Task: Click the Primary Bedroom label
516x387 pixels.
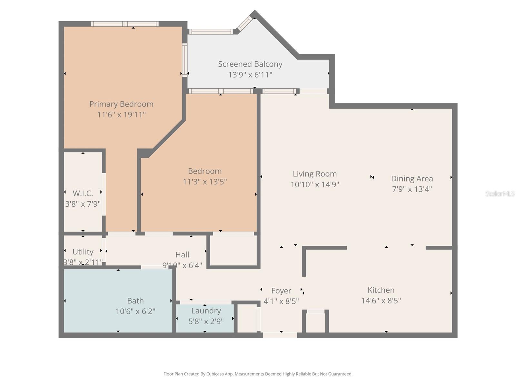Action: (121, 104)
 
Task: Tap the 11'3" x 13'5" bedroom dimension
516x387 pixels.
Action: (205, 182)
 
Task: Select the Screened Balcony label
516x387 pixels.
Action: (250, 64)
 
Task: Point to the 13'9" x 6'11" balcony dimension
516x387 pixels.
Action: (250, 74)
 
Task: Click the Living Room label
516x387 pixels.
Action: (314, 174)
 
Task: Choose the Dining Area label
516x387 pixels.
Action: (412, 178)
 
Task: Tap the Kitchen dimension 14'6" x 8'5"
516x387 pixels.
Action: (381, 301)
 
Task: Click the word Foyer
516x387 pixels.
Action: (281, 291)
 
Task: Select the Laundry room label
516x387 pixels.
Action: (206, 311)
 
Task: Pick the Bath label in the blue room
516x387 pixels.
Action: (135, 301)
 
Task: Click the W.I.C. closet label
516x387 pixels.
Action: (83, 193)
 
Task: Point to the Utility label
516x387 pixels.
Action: (83, 252)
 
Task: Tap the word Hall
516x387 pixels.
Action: (182, 254)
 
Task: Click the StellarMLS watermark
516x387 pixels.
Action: (500, 193)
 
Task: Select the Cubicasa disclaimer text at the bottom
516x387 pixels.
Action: (258, 374)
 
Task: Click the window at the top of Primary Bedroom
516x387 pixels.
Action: (125, 24)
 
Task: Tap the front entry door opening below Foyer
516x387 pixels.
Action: (280, 335)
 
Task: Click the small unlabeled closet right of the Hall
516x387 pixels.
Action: (233, 250)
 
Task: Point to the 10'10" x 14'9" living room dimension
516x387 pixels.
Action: (314, 184)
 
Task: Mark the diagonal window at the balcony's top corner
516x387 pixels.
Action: (244, 24)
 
